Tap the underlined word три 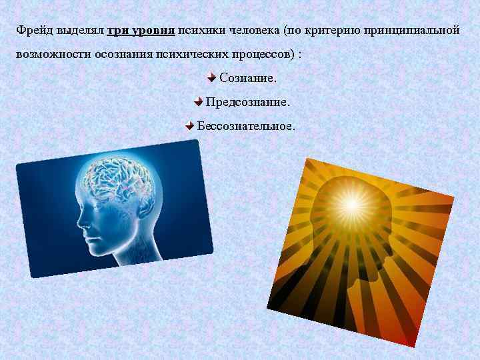point(118,31)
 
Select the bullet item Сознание point(247,79)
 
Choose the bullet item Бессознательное point(245,125)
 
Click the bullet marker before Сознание point(211,78)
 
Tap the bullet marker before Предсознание point(198,102)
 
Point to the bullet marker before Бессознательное point(189,125)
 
